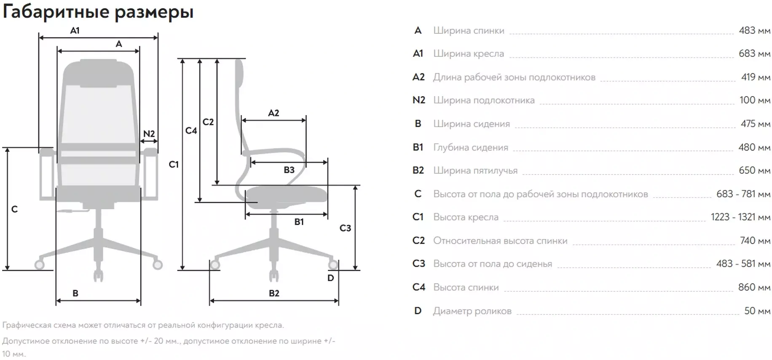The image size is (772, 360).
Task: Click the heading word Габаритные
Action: (56, 12)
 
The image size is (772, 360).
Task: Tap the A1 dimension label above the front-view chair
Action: (75, 30)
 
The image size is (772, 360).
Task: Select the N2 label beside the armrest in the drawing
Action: (149, 134)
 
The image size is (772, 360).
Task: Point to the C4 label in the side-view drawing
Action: (191, 131)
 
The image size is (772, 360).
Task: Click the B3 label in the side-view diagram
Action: (289, 170)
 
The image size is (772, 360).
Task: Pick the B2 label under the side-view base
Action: (274, 293)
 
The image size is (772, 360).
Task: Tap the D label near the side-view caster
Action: (331, 278)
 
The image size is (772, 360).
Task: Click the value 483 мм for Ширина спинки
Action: (754, 30)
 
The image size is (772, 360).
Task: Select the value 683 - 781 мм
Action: (743, 194)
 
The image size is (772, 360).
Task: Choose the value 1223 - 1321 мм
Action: (740, 217)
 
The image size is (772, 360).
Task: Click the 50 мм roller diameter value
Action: (757, 311)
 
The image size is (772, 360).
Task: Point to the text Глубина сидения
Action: (471, 148)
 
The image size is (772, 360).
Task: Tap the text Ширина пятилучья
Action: (475, 171)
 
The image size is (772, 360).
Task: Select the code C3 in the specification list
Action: (418, 264)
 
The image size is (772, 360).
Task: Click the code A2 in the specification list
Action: (418, 77)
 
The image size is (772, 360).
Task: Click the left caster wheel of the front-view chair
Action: (40, 264)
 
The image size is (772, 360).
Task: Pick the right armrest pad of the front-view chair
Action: (149, 151)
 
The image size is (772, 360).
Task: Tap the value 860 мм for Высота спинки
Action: (754, 287)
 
